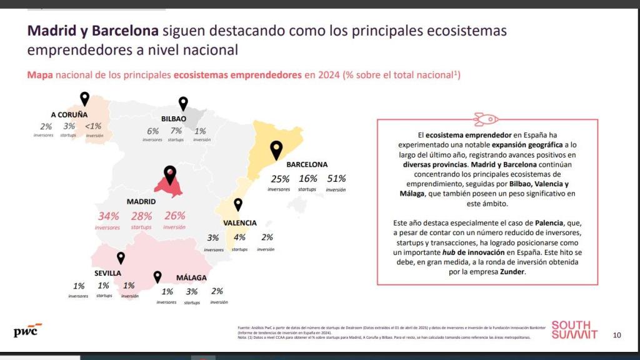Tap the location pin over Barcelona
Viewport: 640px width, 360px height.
click(276, 149)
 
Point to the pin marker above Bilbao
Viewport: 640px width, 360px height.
click(183, 103)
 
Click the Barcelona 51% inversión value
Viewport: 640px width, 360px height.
click(336, 179)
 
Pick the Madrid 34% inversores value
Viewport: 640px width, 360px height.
click(108, 216)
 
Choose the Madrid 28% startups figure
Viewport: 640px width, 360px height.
click(141, 216)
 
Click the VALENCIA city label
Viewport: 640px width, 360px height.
click(240, 222)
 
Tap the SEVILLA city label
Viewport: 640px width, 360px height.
click(107, 273)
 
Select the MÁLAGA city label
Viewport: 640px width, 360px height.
click(191, 277)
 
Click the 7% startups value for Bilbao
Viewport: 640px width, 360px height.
click(176, 131)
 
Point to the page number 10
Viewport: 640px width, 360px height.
click(617, 335)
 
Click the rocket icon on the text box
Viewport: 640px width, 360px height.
click(487, 118)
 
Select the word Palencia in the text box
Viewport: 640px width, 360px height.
click(549, 222)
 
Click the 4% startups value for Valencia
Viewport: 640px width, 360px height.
click(239, 237)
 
